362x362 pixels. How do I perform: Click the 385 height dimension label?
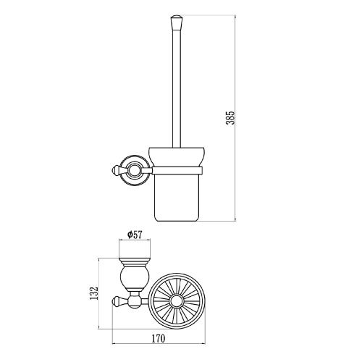pyautogui.click(x=230, y=117)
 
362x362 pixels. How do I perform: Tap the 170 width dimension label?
pyautogui.click(x=159, y=338)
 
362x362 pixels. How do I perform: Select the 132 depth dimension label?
pyautogui.click(x=93, y=292)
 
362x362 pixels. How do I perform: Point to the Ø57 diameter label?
pyautogui.click(x=135, y=235)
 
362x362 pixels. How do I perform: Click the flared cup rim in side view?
pyautogui.click(x=177, y=156)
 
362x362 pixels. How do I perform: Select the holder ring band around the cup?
pyautogui.click(x=177, y=170)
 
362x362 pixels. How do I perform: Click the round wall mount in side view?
pyautogui.click(x=134, y=170)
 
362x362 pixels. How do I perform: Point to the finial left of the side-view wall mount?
pyautogui.click(x=117, y=170)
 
